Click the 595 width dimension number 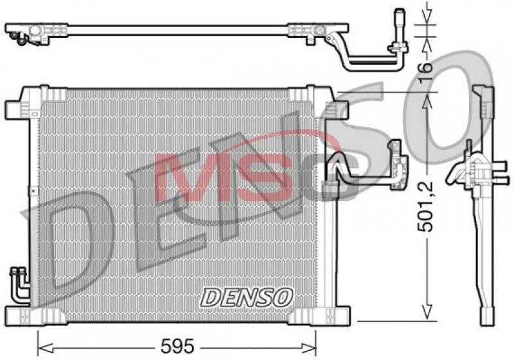click(x=177, y=346)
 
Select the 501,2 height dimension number click(x=425, y=207)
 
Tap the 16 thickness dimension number click(x=425, y=67)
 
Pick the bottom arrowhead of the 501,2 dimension click(x=427, y=312)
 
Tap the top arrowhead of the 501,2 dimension click(x=427, y=101)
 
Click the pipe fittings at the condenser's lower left click(x=19, y=284)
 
